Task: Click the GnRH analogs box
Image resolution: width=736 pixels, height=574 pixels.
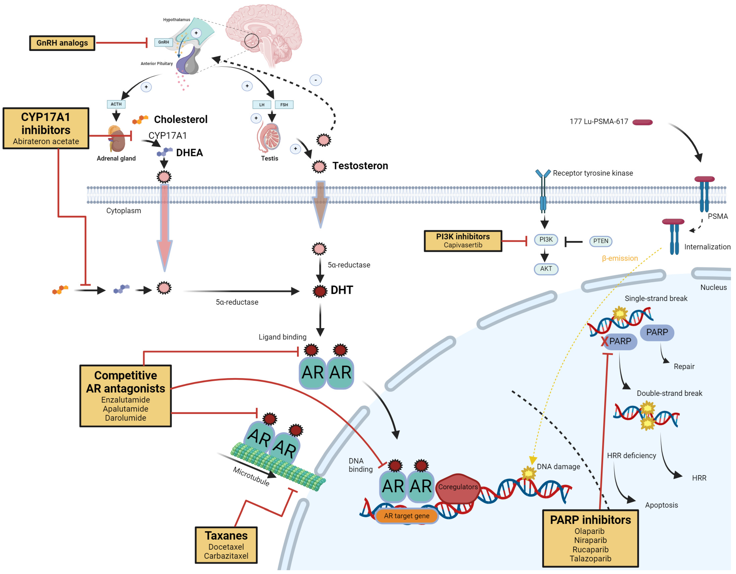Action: point(62,43)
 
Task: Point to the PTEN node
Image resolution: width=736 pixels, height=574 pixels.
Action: point(601,241)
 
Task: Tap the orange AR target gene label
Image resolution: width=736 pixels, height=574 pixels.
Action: point(406,516)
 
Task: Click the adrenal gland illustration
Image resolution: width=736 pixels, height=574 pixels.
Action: point(117,139)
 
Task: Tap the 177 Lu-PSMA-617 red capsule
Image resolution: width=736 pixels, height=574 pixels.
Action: point(642,122)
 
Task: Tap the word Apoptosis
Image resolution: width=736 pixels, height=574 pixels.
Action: point(661,505)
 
